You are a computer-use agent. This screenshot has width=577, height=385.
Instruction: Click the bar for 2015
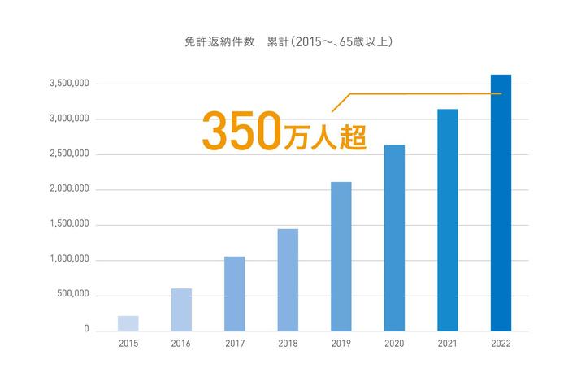point(128,323)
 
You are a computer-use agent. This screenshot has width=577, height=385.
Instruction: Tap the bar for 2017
point(234,293)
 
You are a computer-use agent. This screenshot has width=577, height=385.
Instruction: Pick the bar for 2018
point(288,279)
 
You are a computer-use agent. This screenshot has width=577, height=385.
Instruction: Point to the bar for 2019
point(341,256)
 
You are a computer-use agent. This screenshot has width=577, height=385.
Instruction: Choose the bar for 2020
point(394,237)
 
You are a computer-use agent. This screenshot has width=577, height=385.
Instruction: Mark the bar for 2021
point(448,219)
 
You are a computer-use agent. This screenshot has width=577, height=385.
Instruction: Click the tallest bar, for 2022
point(501,202)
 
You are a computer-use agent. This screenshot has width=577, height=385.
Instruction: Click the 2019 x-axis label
point(341,344)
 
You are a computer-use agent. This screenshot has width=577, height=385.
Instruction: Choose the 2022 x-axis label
point(501,344)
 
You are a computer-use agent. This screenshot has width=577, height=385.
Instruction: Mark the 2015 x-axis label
point(128,344)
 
